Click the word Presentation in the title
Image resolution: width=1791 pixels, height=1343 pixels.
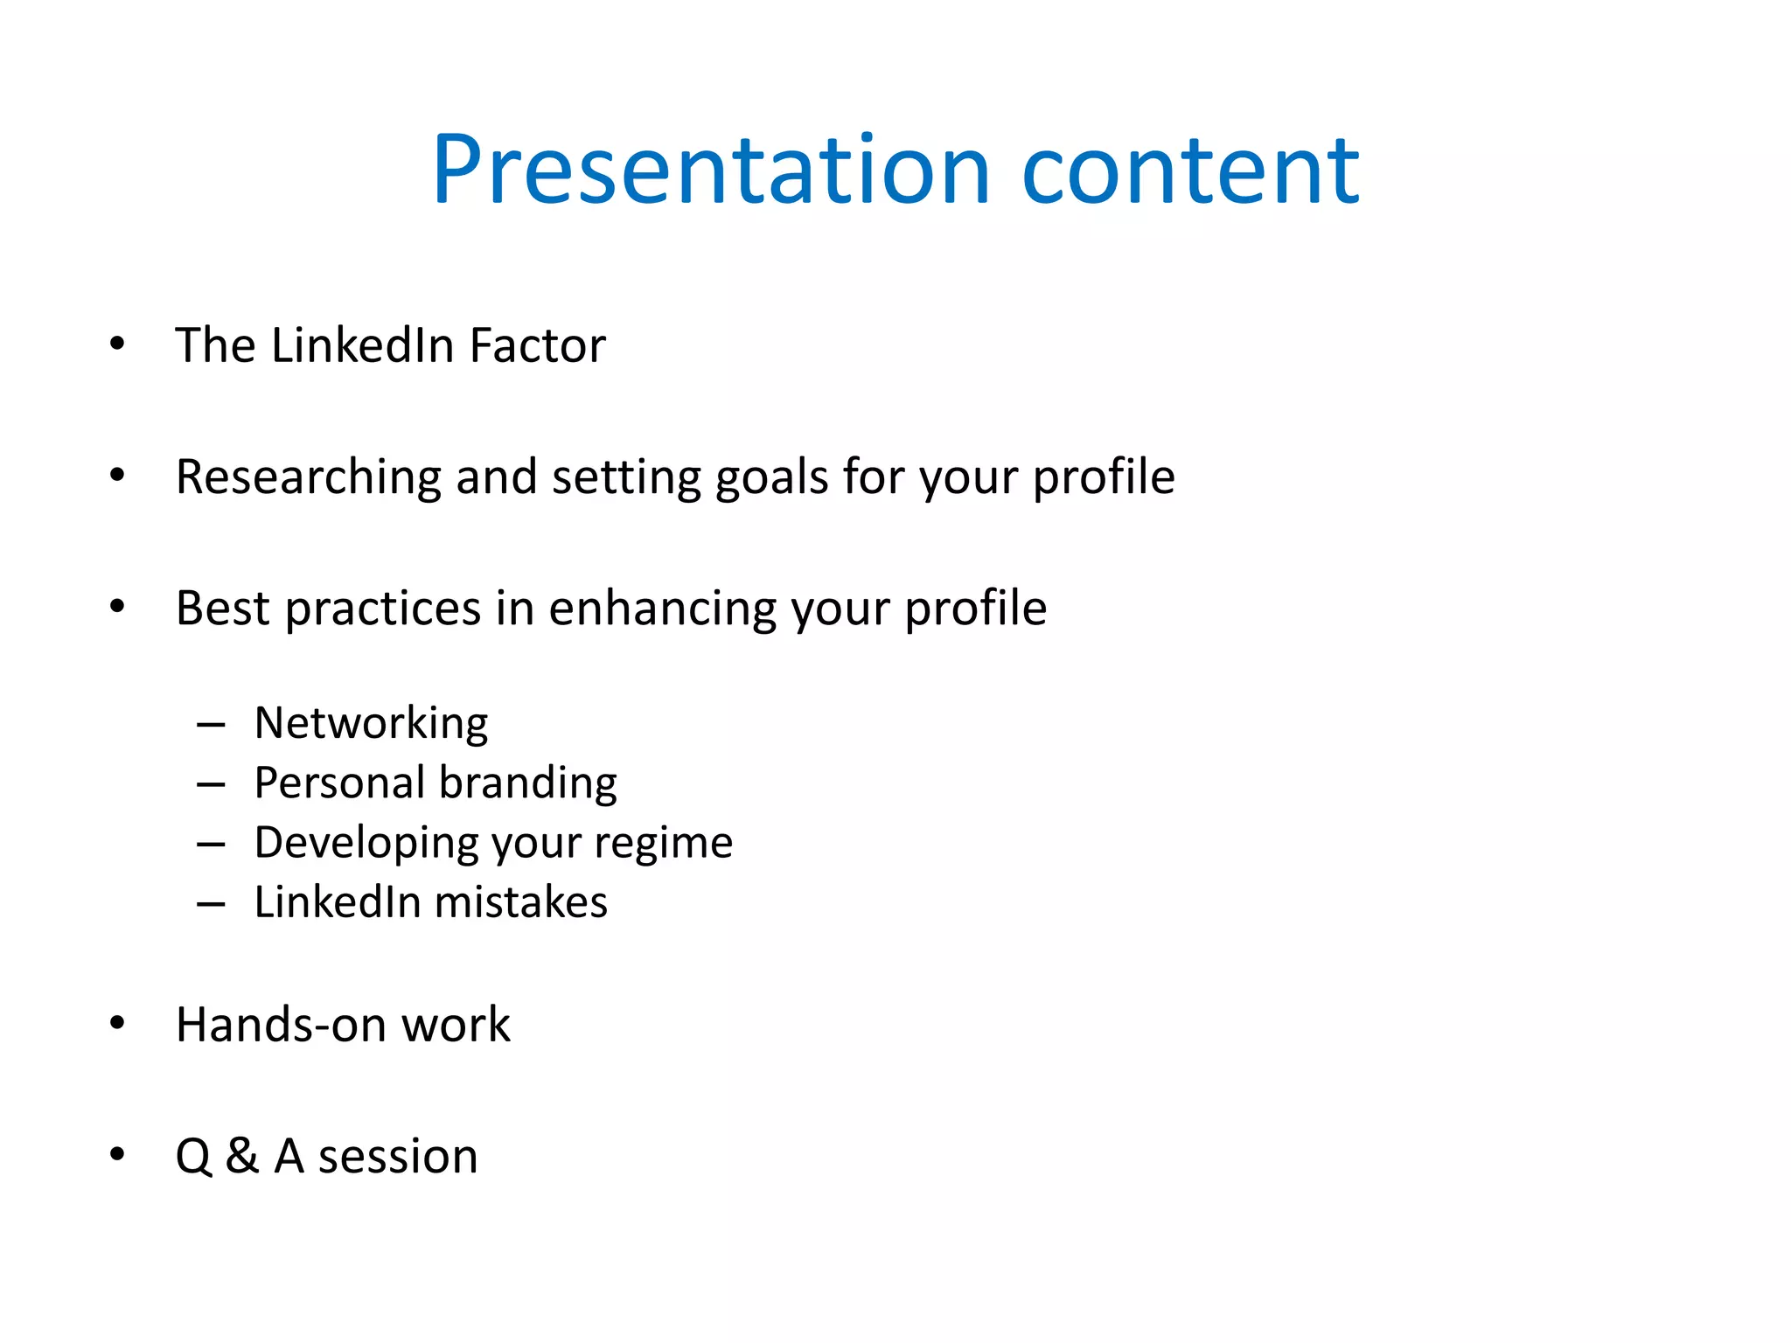click(710, 170)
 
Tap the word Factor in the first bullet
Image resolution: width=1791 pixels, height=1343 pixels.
click(537, 345)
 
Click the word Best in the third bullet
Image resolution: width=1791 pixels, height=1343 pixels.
click(222, 609)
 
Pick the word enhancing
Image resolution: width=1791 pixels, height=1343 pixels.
click(662, 609)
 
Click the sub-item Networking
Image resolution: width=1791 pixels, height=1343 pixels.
click(371, 724)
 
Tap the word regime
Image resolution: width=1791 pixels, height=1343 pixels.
click(663, 844)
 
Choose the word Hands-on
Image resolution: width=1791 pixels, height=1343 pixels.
click(280, 1025)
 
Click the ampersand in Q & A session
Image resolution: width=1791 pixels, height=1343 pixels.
click(242, 1156)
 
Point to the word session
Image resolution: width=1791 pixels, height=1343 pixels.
click(398, 1157)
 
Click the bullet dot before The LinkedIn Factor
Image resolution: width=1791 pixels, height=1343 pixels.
click(117, 344)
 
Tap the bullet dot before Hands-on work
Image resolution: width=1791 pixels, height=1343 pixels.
click(117, 1023)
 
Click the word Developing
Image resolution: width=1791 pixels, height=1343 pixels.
click(364, 844)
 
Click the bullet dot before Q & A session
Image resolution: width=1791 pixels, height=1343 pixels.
click(117, 1154)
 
